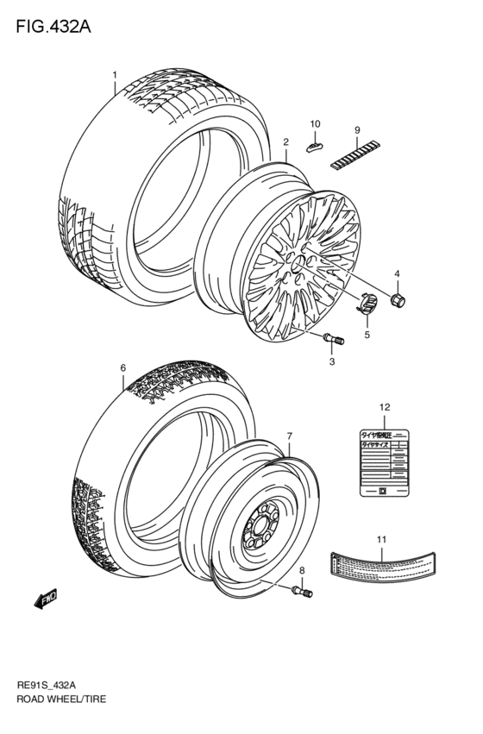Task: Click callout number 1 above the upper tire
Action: (x=114, y=74)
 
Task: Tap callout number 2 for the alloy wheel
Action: (x=285, y=141)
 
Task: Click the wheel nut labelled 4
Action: (x=398, y=301)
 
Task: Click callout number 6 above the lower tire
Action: (x=122, y=368)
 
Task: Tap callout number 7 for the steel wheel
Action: (x=290, y=437)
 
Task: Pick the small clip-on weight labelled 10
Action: (x=315, y=144)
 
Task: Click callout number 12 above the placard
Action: (x=385, y=406)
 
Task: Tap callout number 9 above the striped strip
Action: (x=355, y=130)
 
